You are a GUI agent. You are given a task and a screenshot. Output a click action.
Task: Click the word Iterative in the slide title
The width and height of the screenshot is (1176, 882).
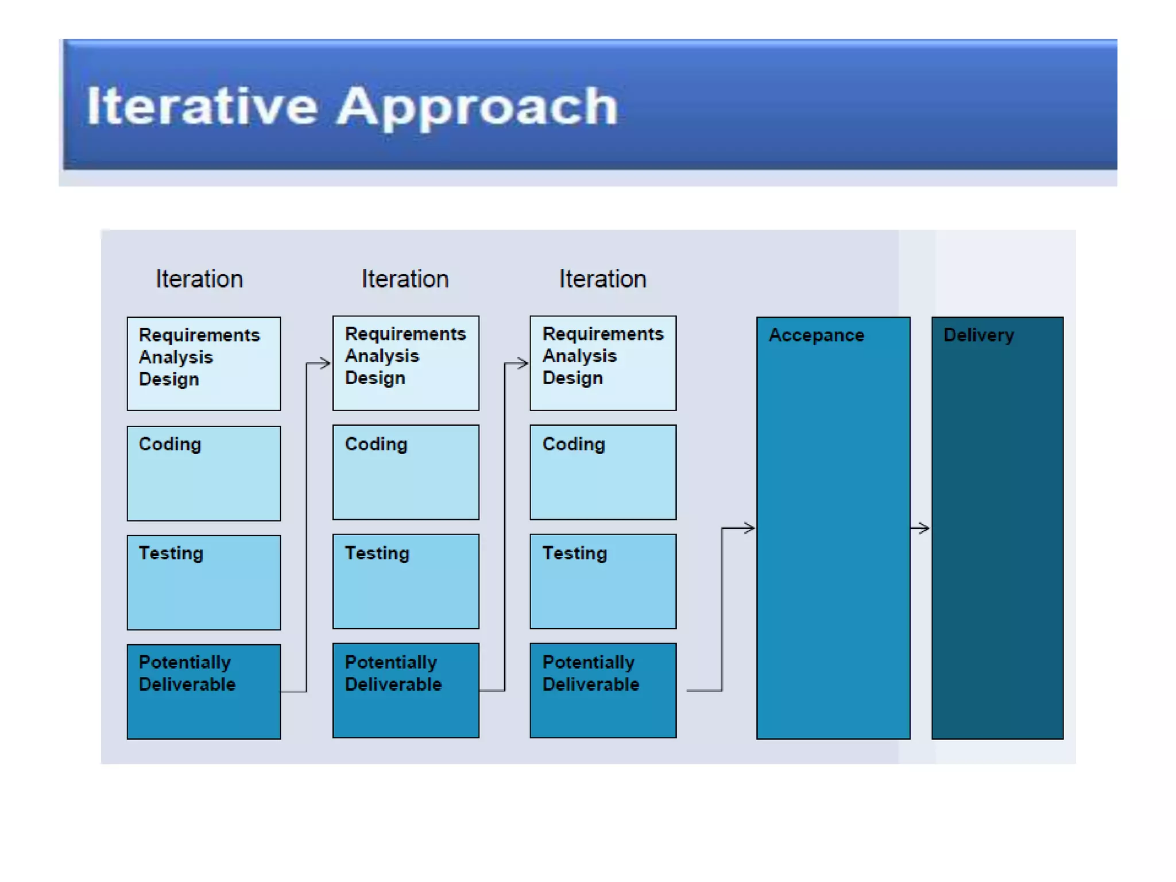click(x=202, y=106)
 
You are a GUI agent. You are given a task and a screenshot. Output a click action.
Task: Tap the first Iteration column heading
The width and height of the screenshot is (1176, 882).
click(x=199, y=279)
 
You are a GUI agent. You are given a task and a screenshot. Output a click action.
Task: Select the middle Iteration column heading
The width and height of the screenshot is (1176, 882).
click(x=405, y=279)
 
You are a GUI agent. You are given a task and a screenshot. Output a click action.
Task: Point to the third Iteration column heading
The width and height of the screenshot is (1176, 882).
click(x=602, y=279)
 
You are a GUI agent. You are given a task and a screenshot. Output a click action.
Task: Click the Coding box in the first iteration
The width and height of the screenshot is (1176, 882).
click(x=204, y=474)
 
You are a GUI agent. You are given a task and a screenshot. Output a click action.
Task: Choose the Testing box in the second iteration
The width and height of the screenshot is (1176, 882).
click(x=405, y=581)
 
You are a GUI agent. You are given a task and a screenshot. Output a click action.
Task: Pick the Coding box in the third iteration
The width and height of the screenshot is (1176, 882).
click(x=603, y=472)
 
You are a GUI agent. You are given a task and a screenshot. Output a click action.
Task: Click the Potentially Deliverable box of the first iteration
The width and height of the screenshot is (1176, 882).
click(x=204, y=691)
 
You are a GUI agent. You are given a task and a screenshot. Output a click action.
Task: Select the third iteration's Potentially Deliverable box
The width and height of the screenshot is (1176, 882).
click(x=603, y=690)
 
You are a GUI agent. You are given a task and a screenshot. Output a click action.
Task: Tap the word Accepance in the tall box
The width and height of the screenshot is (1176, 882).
click(x=816, y=335)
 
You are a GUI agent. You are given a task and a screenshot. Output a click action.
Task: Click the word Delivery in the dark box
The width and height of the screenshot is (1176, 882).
click(x=978, y=335)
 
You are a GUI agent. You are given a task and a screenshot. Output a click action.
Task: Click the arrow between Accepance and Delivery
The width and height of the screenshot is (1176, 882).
click(x=920, y=528)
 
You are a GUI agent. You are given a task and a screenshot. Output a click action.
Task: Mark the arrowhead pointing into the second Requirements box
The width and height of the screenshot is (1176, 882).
click(x=325, y=363)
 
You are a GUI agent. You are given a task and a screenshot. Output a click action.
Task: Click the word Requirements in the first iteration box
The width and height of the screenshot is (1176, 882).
click(x=199, y=335)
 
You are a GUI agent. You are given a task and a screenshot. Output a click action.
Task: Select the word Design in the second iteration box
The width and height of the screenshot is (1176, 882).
click(x=375, y=378)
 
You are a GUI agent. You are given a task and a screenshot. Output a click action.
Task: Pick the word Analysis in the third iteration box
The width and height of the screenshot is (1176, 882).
click(x=579, y=356)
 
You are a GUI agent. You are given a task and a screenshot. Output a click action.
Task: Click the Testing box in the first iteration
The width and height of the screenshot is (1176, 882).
click(x=204, y=582)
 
